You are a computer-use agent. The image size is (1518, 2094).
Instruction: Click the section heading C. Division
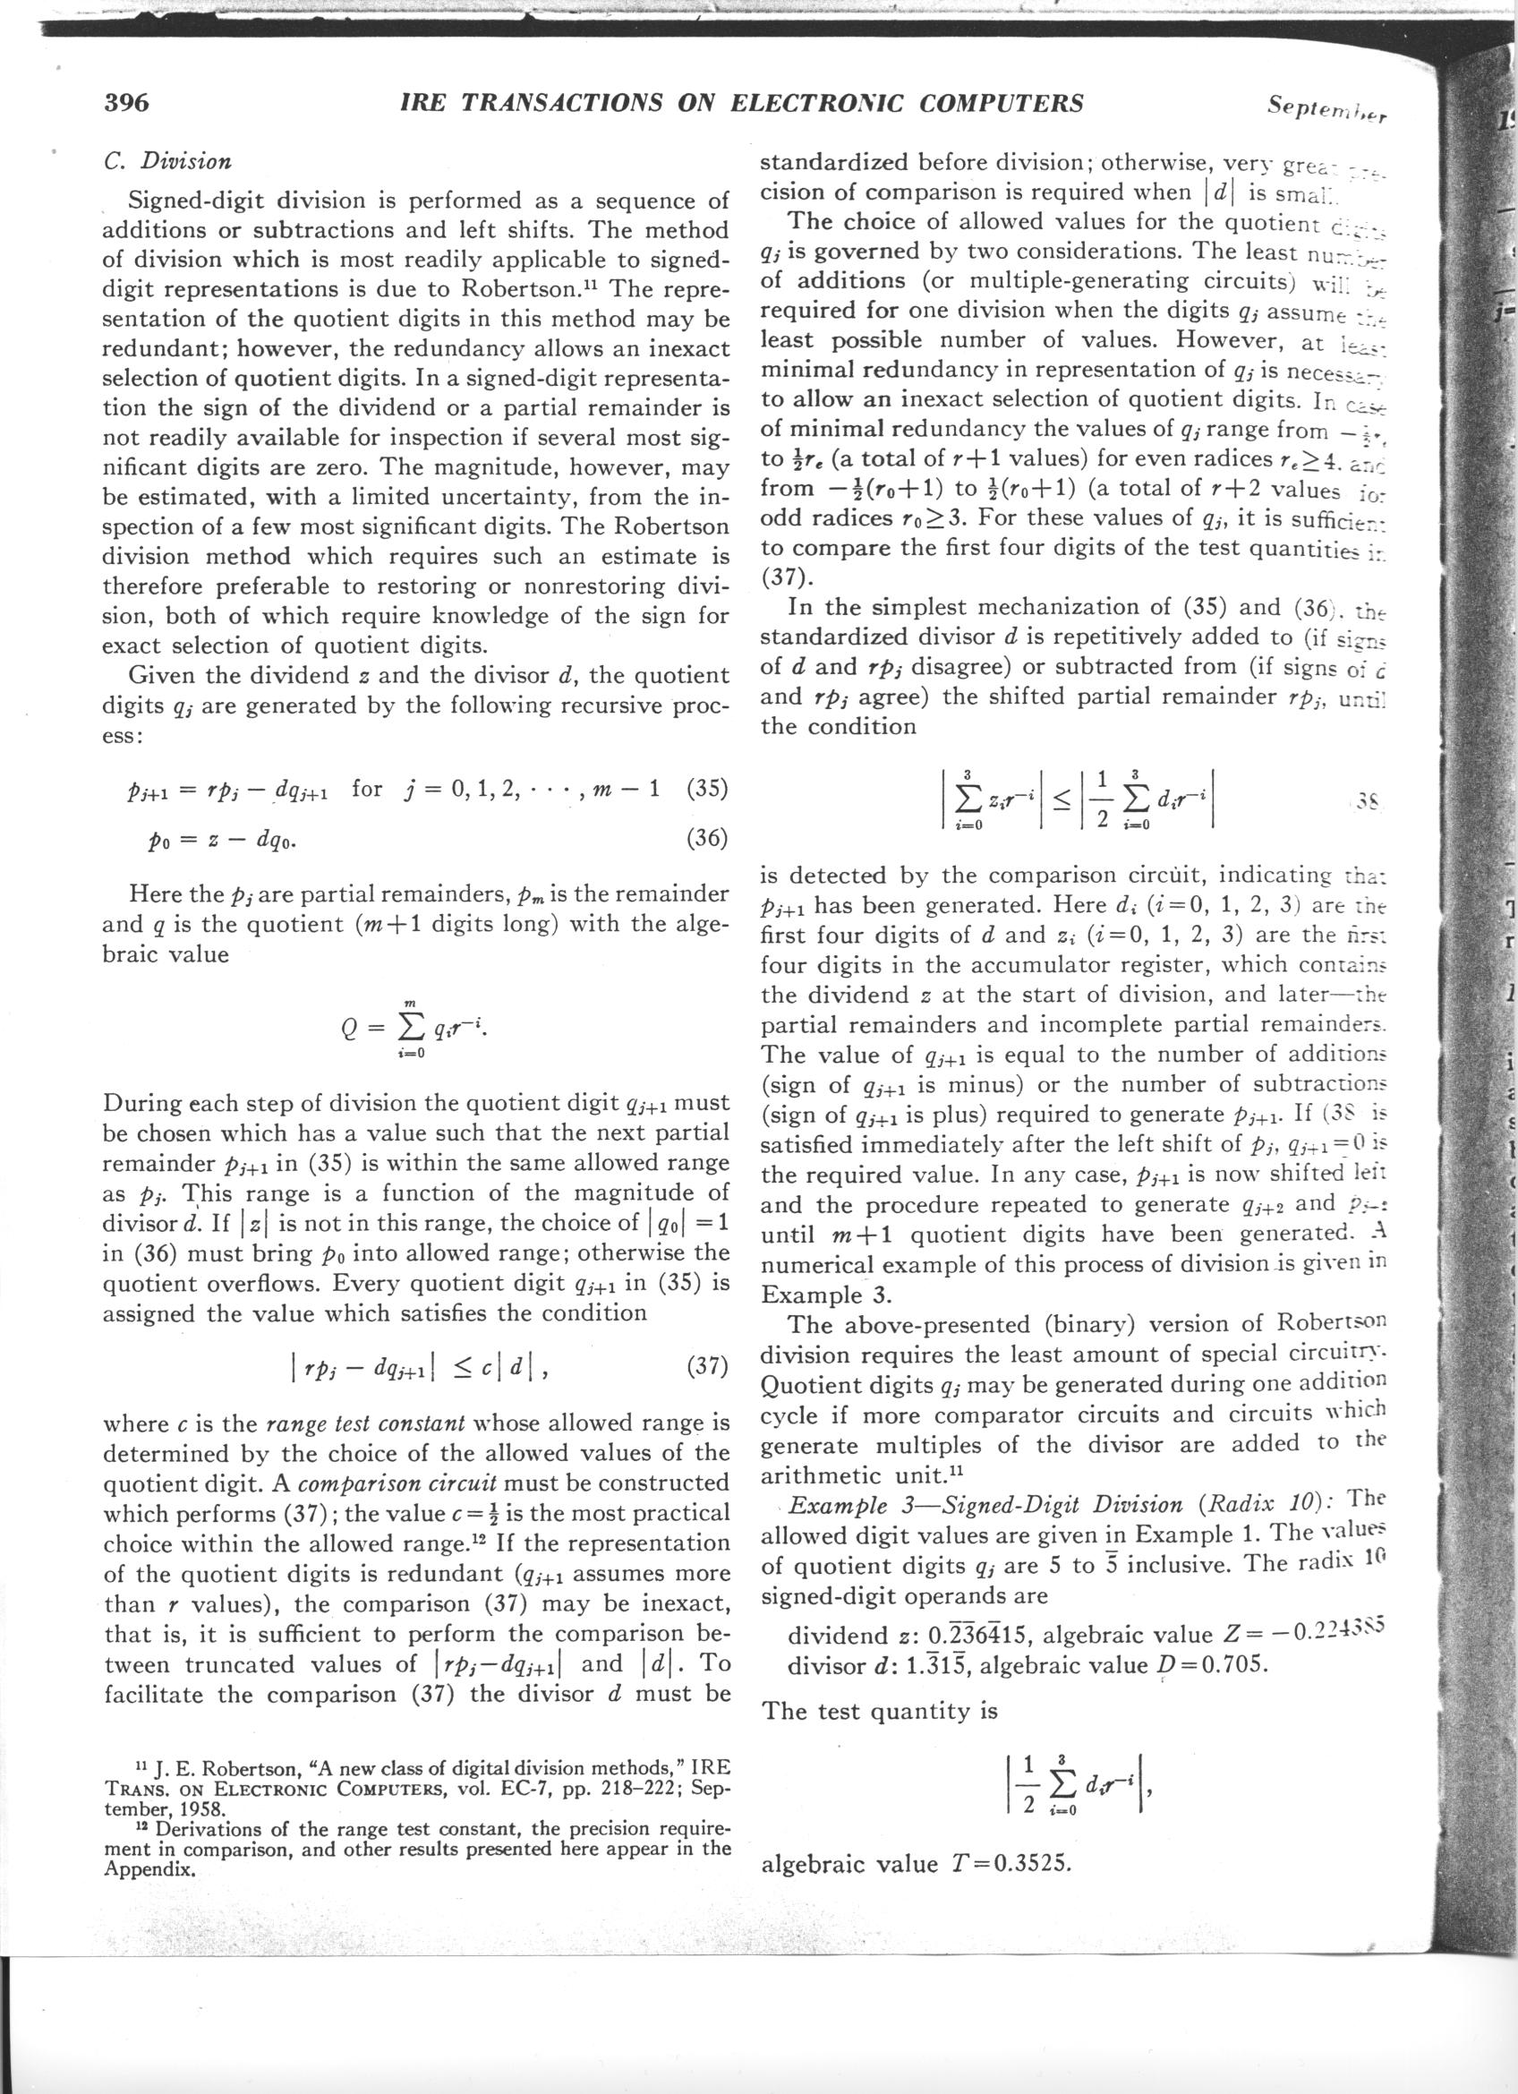(x=167, y=161)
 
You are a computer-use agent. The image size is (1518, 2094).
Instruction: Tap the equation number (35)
(x=707, y=789)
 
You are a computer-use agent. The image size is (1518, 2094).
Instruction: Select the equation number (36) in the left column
(x=707, y=838)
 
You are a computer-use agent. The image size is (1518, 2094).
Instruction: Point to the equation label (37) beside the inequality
(x=707, y=1364)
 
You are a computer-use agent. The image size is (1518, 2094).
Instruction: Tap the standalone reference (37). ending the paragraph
(x=786, y=577)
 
